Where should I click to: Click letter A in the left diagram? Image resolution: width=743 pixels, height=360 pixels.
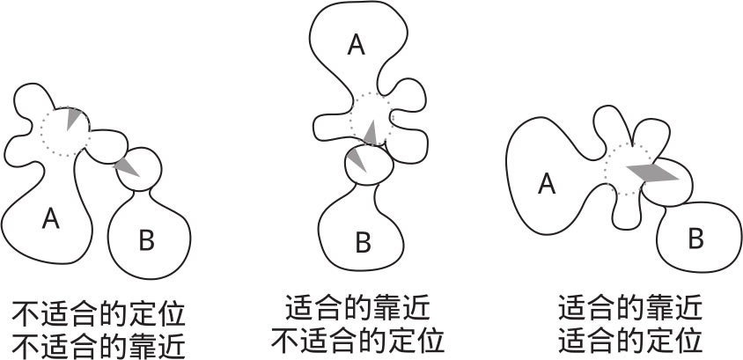(50, 218)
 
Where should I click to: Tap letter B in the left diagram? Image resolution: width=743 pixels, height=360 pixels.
(146, 238)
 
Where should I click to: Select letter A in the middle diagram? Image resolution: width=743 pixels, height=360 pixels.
(356, 44)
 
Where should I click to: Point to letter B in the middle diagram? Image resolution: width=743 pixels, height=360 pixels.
(363, 241)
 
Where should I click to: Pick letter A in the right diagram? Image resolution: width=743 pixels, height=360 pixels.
(546, 184)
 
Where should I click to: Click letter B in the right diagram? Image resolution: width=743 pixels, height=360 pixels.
(695, 237)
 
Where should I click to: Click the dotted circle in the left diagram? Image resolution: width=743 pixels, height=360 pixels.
(64, 129)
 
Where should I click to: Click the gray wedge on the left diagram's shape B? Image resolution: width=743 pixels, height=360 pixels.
(127, 166)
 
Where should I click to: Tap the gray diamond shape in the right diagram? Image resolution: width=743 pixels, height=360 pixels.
(651, 173)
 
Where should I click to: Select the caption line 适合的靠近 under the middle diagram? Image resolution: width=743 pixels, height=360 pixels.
(357, 308)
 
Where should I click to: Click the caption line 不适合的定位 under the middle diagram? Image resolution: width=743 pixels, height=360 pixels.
(357, 339)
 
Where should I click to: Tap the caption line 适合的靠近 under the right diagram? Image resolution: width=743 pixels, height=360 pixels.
(630, 308)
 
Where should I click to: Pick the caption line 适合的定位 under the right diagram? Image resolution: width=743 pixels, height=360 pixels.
(630, 339)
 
